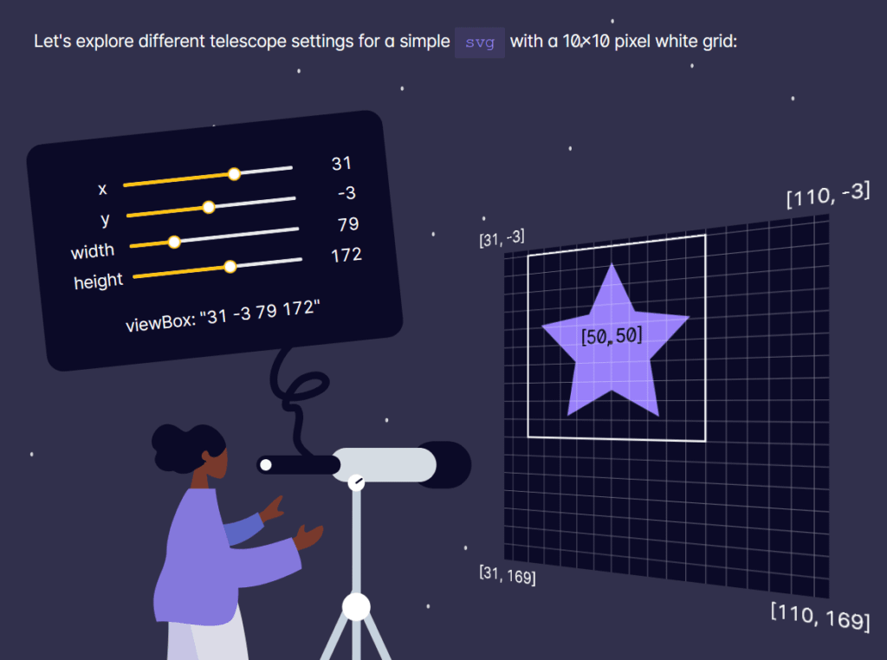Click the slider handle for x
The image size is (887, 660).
[234, 174]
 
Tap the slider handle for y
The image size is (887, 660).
[208, 207]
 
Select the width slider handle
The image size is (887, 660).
[174, 242]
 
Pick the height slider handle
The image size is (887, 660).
[230, 267]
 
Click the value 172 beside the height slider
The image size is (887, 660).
[346, 255]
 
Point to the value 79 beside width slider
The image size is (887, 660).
[348, 224]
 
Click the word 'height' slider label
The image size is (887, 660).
[99, 281]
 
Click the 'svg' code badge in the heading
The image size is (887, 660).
[480, 42]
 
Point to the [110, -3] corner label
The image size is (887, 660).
[827, 195]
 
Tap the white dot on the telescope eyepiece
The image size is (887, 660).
[266, 465]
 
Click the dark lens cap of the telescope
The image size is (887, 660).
[452, 464]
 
